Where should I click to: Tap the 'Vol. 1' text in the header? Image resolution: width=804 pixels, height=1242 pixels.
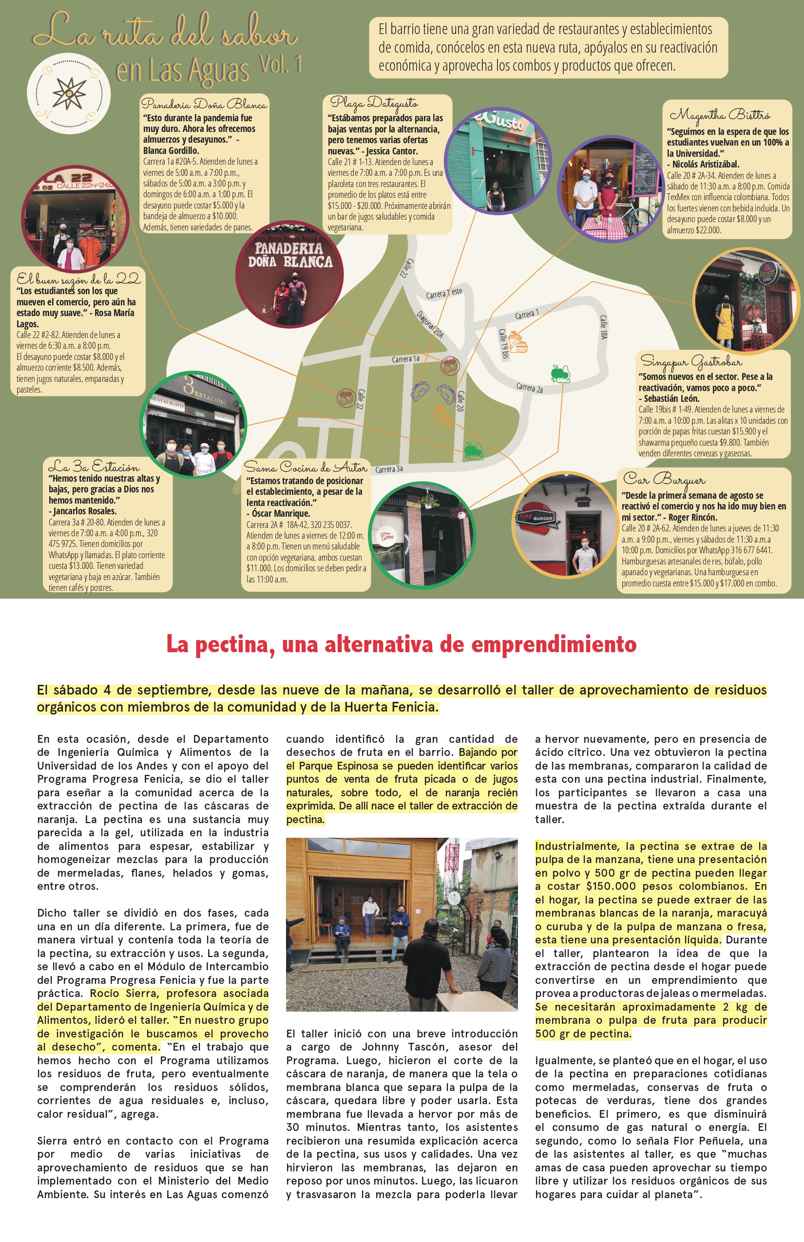[x=281, y=65]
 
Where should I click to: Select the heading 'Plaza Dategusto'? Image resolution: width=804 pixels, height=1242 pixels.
[x=374, y=103]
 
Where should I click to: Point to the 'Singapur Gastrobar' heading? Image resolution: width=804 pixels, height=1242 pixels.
[x=691, y=361]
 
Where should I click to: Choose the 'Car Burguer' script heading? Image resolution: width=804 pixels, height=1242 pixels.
[x=664, y=478]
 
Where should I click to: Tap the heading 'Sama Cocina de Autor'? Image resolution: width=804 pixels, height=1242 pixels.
[x=306, y=467]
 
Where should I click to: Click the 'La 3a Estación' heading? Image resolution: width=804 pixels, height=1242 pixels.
[x=94, y=466]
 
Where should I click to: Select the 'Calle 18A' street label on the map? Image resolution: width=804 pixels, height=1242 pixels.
[x=603, y=327]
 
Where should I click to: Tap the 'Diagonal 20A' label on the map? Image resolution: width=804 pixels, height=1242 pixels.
[x=430, y=324]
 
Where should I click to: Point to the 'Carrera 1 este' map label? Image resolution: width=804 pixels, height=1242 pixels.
[x=444, y=293]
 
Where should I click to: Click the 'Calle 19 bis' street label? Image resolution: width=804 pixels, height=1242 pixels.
[x=503, y=343]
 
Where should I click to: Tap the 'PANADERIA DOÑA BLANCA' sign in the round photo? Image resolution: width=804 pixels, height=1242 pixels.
[x=290, y=255]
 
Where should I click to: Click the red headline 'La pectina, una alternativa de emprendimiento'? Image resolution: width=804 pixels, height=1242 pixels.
[x=401, y=644]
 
